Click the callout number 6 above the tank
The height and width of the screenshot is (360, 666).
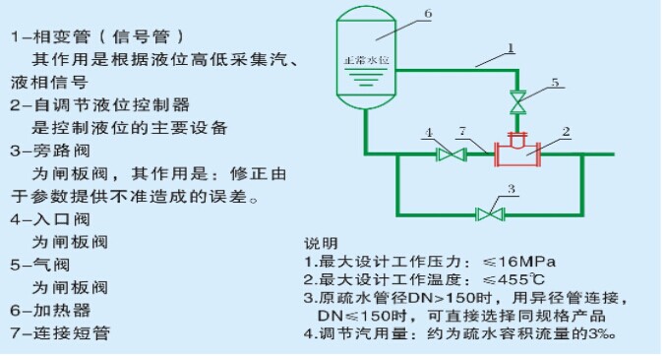pos(428,14)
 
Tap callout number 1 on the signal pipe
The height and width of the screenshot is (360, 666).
pos(512,46)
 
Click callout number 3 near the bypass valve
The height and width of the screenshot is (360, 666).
pos(513,188)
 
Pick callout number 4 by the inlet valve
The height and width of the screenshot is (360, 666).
pos(430,132)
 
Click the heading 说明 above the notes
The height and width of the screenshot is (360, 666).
pos(320,243)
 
